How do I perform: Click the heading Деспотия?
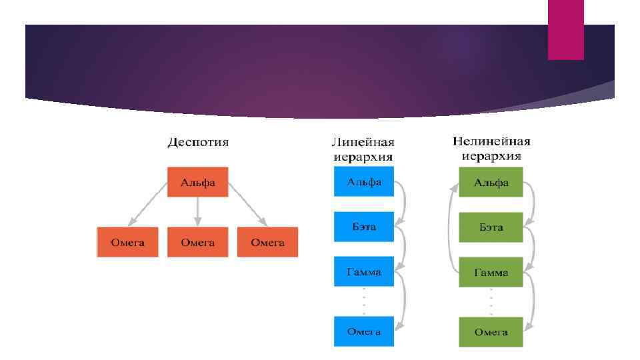[197, 142]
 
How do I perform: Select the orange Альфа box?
[197, 182]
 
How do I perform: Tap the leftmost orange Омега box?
[127, 242]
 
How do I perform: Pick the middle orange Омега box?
[197, 242]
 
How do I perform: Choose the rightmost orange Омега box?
[267, 242]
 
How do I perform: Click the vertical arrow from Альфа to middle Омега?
[197, 212]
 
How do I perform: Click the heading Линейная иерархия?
[363, 150]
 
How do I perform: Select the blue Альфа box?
[363, 181]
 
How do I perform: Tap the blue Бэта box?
[363, 227]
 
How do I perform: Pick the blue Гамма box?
[363, 272]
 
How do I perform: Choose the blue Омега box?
[363, 331]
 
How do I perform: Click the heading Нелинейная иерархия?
[491, 149]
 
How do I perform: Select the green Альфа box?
[491, 182]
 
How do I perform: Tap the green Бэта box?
[491, 227]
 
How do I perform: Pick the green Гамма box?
[491, 273]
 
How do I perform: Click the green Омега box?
[491, 332]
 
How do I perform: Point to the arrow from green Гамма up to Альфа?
[449, 227]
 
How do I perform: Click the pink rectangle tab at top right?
[565, 29]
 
